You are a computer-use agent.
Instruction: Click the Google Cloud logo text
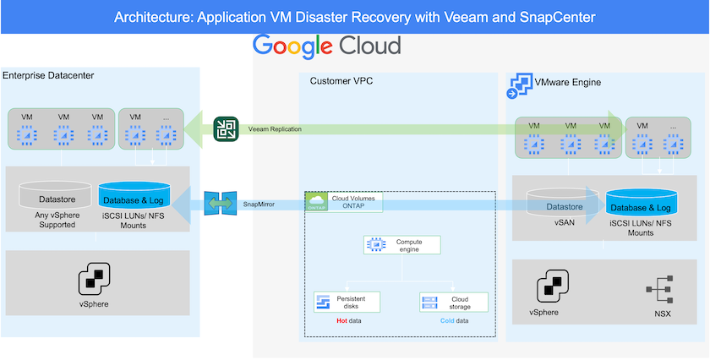pos(326,46)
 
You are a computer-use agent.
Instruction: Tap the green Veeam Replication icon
pos(226,128)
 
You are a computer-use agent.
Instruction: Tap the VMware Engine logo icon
pos(517,85)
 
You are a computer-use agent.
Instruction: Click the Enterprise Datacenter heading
pos(48,76)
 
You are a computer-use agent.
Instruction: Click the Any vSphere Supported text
pos(53,220)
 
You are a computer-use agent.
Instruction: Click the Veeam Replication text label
pos(275,129)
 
